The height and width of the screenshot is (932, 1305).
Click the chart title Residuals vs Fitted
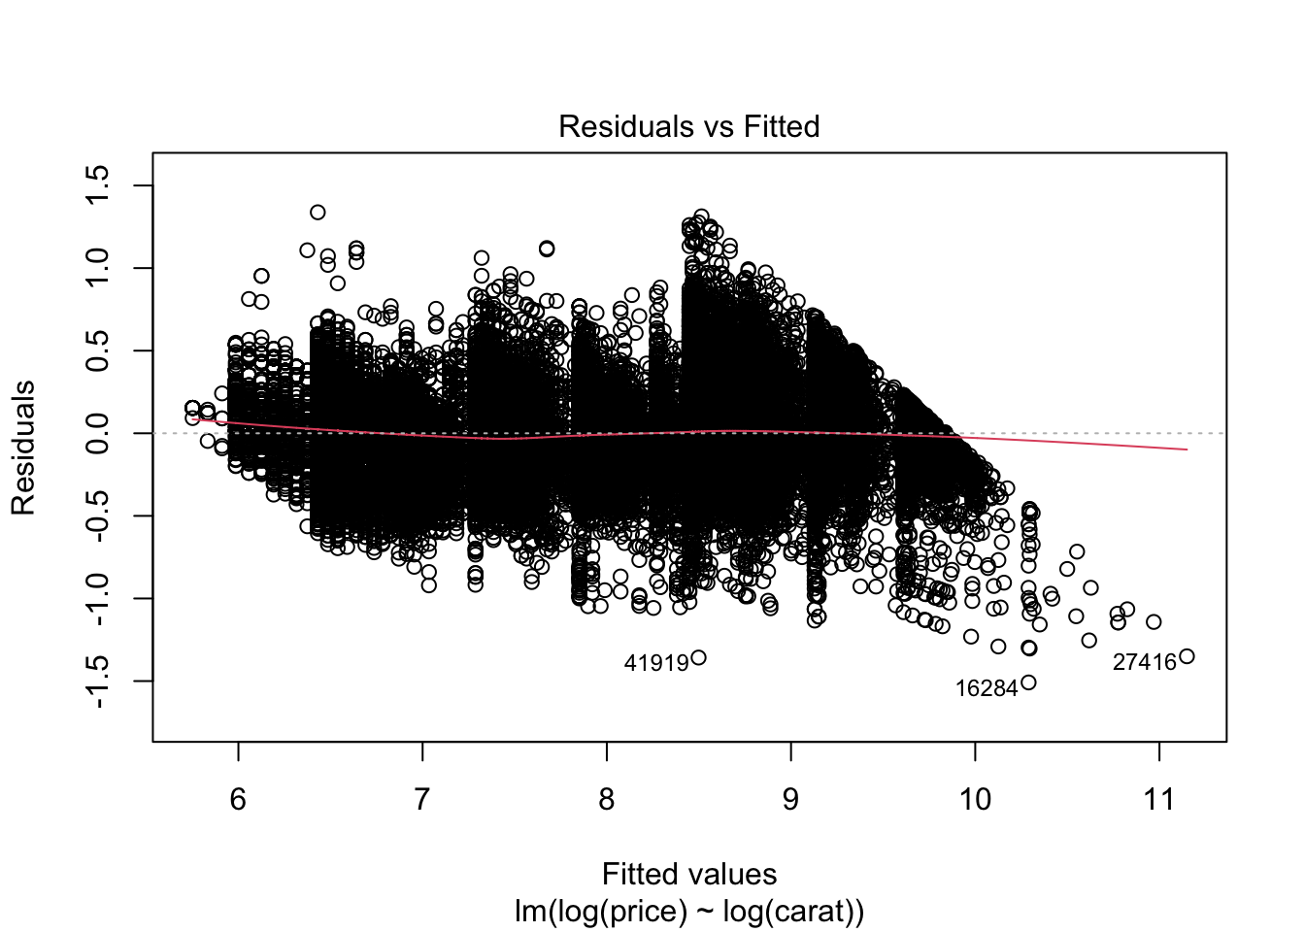[688, 126]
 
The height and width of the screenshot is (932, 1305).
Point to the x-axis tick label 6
[238, 799]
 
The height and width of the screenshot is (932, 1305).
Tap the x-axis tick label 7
[422, 799]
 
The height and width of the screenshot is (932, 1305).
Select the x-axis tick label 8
[607, 799]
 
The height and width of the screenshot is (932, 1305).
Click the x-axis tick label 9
[790, 799]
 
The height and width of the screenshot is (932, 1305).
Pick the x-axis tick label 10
[975, 799]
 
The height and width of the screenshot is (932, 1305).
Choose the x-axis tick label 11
[1159, 799]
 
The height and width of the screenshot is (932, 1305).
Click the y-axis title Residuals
[23, 448]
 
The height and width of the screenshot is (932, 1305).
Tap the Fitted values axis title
[688, 874]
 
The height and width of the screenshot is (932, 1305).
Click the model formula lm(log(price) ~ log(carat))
[688, 912]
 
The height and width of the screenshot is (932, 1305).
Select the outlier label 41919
[656, 663]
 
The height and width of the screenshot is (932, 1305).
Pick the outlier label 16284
[987, 688]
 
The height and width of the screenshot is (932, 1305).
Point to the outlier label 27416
[1144, 662]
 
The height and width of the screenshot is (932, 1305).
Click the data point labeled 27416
[1187, 657]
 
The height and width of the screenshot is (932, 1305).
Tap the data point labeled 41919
[698, 658]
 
